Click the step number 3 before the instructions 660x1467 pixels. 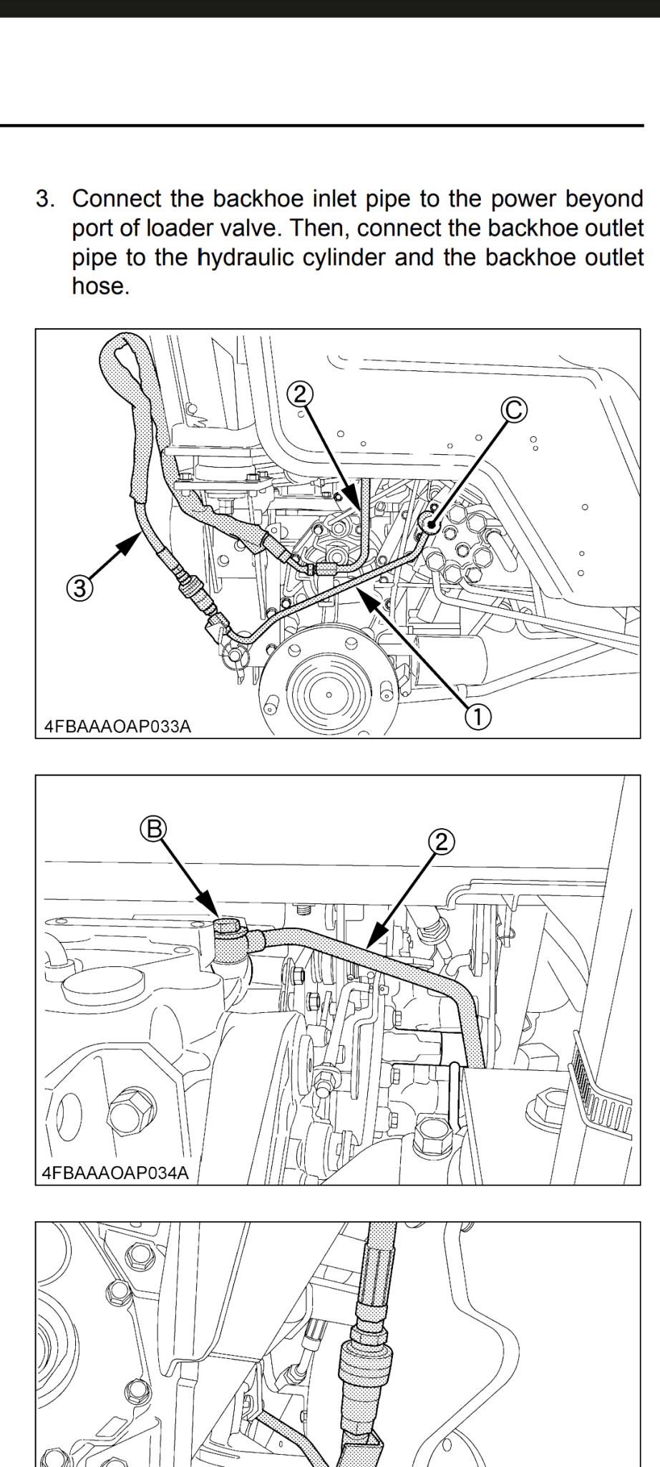point(44,199)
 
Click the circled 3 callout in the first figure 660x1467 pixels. point(79,589)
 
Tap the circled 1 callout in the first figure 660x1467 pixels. point(478,714)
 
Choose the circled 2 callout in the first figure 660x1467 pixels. point(300,392)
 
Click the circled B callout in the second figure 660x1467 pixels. point(153,829)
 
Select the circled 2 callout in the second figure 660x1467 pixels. point(442,841)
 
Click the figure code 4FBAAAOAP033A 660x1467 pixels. point(118,726)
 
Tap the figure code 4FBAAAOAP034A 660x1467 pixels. point(116,1173)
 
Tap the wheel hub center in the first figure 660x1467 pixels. point(329,693)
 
